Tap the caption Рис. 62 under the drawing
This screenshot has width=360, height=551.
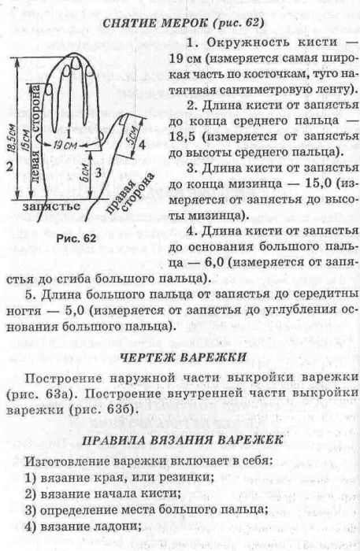76,239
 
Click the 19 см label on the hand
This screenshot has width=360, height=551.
65,145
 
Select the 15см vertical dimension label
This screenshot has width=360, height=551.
25,140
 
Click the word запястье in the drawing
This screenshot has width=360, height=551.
51,206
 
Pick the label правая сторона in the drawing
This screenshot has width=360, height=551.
130,194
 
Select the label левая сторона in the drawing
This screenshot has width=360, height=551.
36,135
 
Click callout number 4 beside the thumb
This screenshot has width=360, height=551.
142,144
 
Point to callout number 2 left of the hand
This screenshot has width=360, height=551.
9,166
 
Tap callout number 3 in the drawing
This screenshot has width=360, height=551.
98,172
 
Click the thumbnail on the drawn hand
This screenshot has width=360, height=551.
123,121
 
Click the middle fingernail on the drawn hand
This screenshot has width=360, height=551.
76,62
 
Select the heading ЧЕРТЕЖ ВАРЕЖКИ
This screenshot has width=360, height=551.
184,357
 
